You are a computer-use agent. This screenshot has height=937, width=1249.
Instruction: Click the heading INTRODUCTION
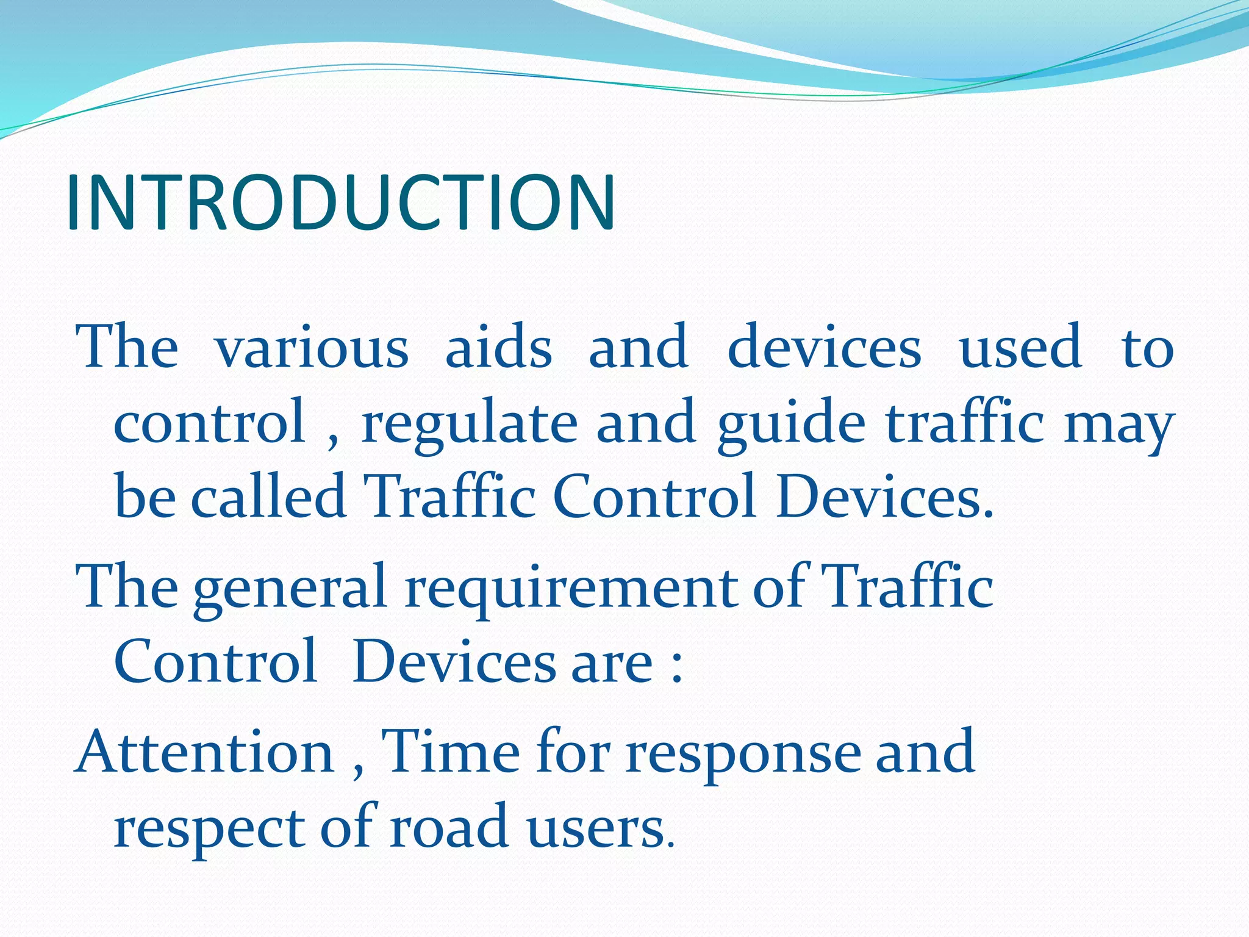pos(341,203)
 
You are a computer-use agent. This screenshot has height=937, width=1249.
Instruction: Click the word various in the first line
pos(312,348)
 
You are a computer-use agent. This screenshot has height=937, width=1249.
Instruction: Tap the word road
pos(449,827)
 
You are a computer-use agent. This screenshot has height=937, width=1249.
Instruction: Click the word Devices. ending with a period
pos(885,497)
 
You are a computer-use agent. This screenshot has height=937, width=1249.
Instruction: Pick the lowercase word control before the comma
pos(209,422)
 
